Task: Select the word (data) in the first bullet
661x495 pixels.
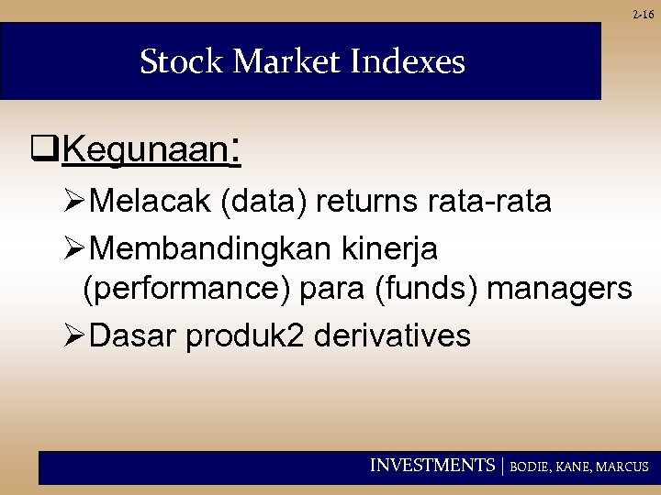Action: (263, 202)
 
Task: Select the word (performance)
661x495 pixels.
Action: (182, 291)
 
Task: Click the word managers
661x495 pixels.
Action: (560, 291)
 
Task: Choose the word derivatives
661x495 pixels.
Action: (393, 335)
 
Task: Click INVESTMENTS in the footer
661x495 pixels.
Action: (431, 467)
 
